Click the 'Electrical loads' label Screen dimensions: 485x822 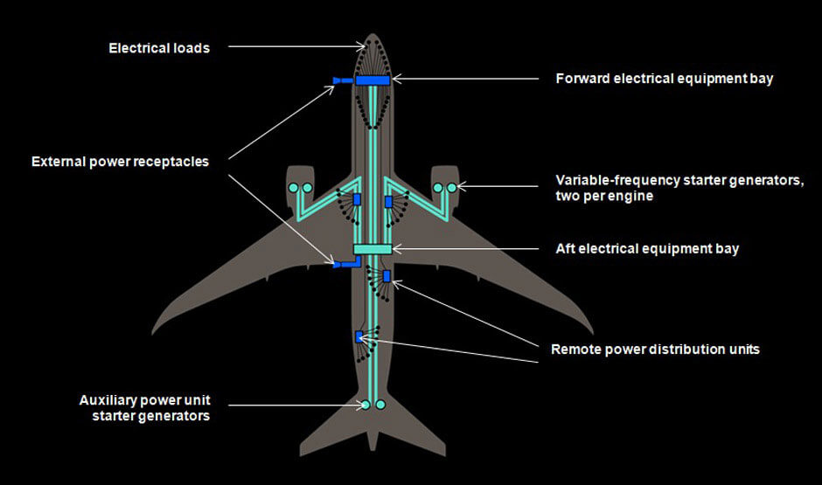point(159,48)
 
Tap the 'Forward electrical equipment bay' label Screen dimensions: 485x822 point(665,79)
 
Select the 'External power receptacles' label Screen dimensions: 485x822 point(120,162)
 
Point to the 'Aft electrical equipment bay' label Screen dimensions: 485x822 point(647,249)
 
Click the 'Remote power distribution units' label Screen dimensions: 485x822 point(655,350)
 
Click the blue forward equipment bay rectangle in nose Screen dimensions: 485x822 point(373,80)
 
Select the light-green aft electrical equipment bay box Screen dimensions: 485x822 point(373,250)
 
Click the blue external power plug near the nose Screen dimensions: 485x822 point(338,80)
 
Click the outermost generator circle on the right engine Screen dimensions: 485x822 point(452,187)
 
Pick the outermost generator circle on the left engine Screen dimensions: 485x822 point(293,187)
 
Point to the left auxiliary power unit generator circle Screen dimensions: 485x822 point(366,405)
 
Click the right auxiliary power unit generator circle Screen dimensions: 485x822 point(380,405)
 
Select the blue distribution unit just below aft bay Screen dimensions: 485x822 point(387,276)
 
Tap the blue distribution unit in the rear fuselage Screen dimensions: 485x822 point(359,336)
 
